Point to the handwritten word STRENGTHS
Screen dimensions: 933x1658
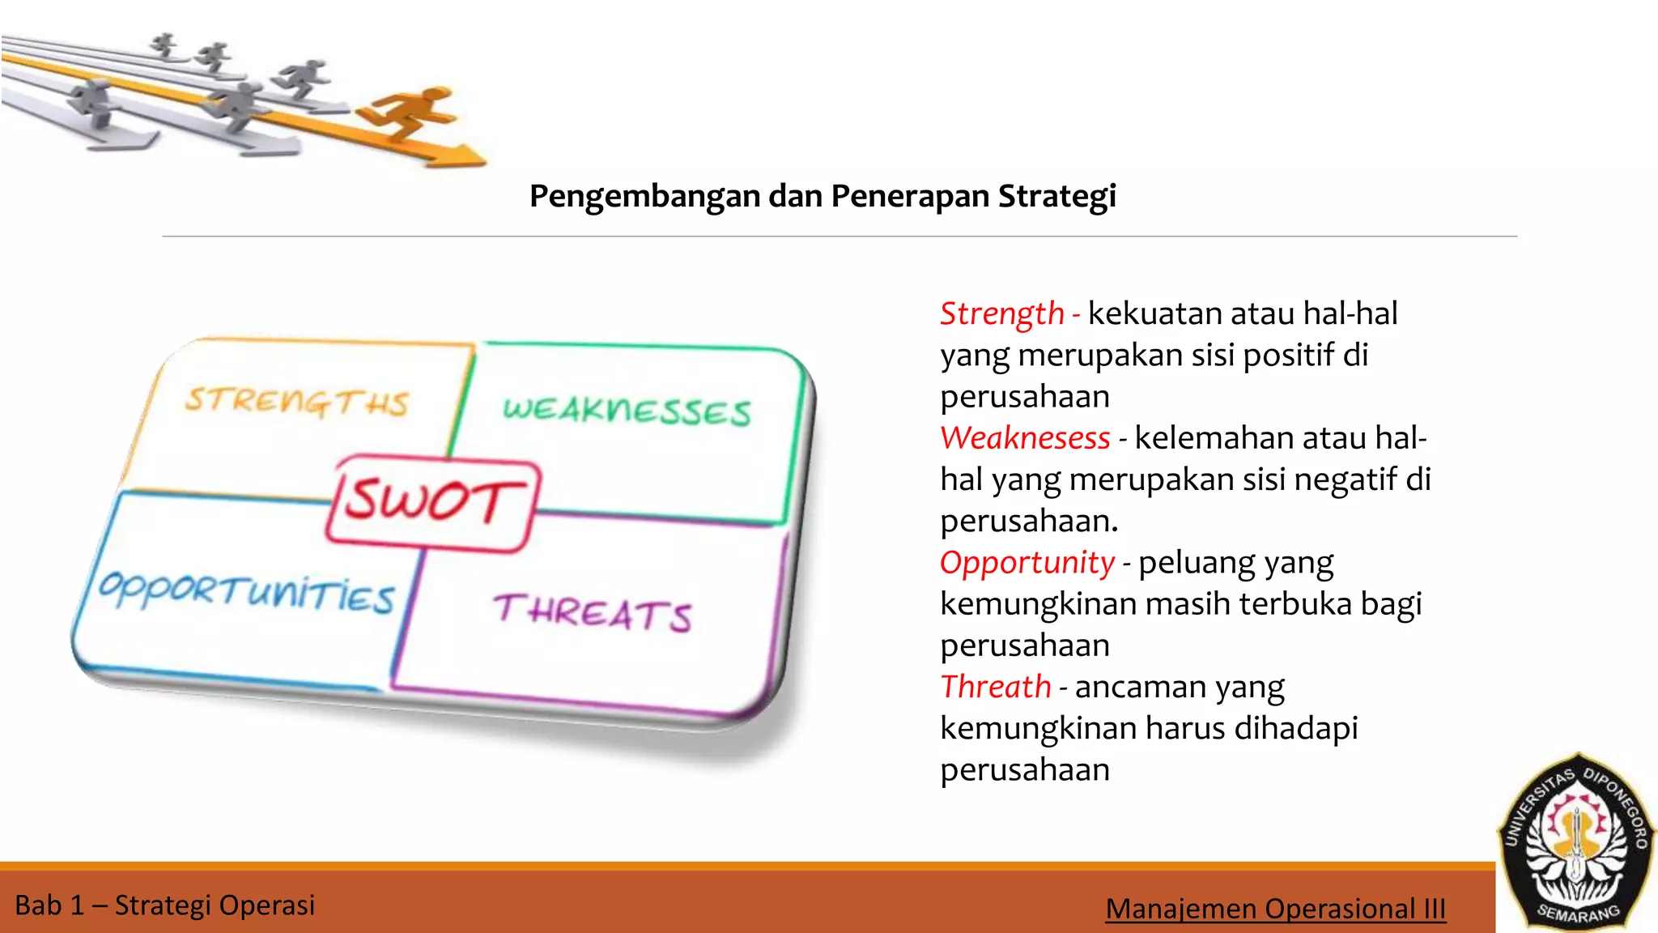tap(297, 402)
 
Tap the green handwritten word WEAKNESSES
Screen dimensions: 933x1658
tap(627, 411)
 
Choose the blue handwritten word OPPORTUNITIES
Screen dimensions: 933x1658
tap(246, 592)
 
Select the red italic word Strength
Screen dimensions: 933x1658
tap(1001, 314)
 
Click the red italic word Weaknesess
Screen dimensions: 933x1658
tap(1025, 438)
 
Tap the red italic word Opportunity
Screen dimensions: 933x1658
tap(1027, 563)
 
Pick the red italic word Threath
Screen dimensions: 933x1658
tap(995, 687)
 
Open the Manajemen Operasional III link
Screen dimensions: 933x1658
tap(1275, 909)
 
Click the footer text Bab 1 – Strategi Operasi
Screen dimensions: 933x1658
tap(165, 905)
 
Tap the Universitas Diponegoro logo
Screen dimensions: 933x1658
tap(1575, 842)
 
